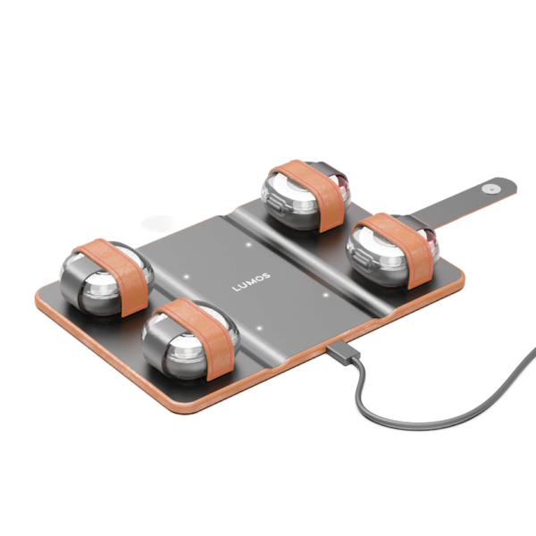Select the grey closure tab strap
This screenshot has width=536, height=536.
click(x=465, y=201)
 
